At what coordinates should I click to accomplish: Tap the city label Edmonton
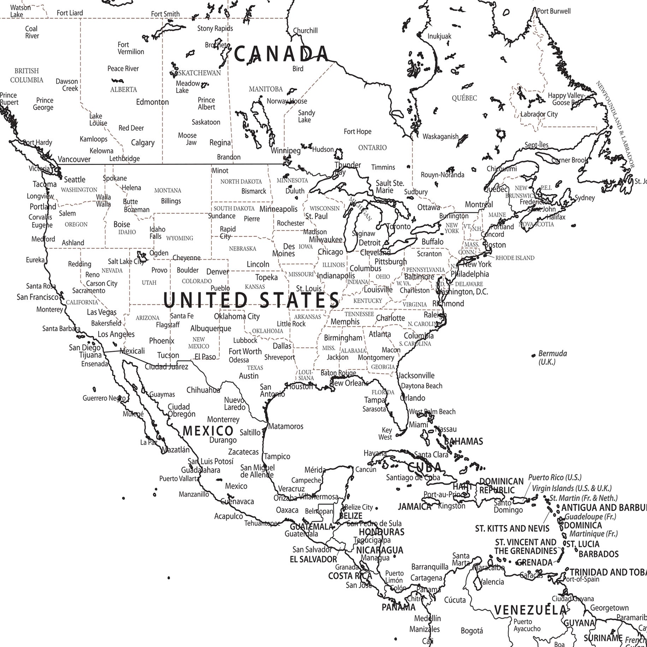click(x=153, y=102)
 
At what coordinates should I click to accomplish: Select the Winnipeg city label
click(x=286, y=151)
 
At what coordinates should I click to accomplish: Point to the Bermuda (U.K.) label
click(x=552, y=357)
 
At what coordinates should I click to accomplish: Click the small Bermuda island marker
click(x=533, y=355)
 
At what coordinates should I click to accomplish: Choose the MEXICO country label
click(x=208, y=431)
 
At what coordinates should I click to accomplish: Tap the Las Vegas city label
click(x=102, y=312)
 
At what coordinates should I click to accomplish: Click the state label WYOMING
click(x=180, y=238)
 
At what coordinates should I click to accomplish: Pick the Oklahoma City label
click(x=237, y=316)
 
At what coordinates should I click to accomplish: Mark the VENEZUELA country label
click(x=530, y=610)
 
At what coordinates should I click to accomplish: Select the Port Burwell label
click(x=553, y=11)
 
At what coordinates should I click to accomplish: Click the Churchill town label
click(x=305, y=31)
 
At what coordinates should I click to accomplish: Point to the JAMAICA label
click(x=415, y=506)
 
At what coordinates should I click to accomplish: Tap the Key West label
click(x=386, y=434)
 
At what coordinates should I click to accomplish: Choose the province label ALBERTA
click(x=124, y=90)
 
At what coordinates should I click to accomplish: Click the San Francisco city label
click(x=37, y=297)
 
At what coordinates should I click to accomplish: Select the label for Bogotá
click(x=471, y=630)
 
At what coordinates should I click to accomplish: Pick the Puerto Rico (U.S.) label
click(x=554, y=477)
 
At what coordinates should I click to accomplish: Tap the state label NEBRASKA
click(x=242, y=249)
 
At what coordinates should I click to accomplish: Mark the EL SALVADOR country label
click(x=313, y=559)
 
